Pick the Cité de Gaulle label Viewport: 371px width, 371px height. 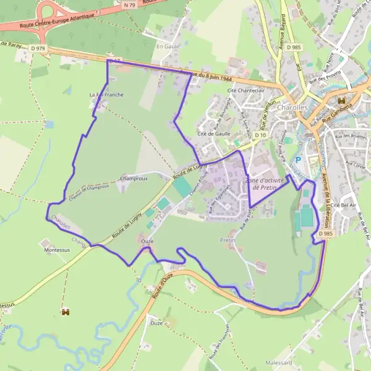[213, 134]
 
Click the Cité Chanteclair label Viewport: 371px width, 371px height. [246, 90]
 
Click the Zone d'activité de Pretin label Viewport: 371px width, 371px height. [265, 184]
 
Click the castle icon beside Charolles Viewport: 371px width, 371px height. [341, 101]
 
